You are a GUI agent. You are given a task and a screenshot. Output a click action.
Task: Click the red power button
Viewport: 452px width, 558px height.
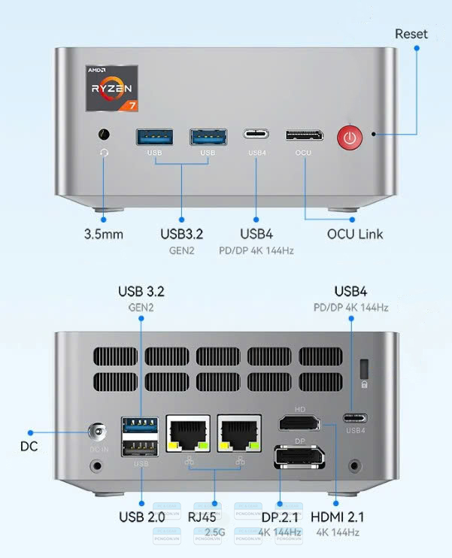coord(349,136)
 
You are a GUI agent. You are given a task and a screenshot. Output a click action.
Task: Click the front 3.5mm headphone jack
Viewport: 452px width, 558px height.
coord(104,135)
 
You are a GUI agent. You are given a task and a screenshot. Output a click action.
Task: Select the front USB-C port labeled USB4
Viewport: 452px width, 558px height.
coord(256,135)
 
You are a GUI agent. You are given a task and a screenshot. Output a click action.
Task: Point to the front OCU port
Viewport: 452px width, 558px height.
coord(304,135)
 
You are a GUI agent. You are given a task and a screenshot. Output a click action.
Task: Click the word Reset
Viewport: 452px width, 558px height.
coord(411,34)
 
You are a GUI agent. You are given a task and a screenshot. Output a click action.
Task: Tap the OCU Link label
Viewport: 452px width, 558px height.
coord(354,234)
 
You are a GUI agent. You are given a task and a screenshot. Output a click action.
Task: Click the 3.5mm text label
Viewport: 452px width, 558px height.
coord(104,234)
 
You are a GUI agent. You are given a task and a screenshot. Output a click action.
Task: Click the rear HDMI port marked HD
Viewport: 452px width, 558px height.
coord(299,423)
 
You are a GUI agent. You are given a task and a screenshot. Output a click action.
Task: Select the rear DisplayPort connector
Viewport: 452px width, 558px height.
coord(299,456)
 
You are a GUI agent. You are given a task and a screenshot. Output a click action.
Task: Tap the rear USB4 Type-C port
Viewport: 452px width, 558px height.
coord(356,418)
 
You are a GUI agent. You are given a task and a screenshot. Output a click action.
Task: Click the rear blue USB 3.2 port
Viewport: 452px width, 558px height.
coord(141,425)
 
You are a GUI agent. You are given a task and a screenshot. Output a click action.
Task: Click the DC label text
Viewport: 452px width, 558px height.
coord(29,447)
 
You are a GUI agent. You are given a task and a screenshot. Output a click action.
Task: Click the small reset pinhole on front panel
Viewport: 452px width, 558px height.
coord(374,135)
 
